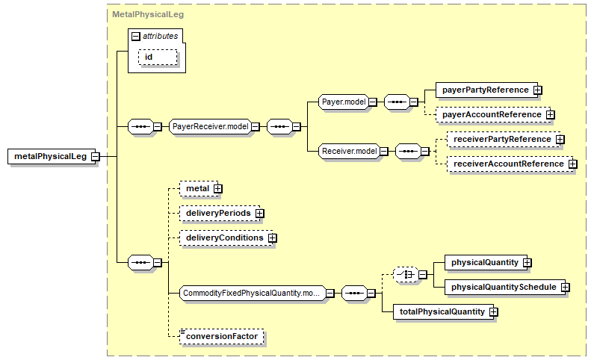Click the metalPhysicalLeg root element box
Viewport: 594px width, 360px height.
[x=50, y=157]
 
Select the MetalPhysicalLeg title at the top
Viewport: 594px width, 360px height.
[x=148, y=14]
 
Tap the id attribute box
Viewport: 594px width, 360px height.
[x=157, y=57]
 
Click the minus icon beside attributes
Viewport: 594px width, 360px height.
[x=135, y=36]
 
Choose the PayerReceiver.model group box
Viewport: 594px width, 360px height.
[x=210, y=126]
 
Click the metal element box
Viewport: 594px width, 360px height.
[x=197, y=188]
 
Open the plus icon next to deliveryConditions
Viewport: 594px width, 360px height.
[x=272, y=238]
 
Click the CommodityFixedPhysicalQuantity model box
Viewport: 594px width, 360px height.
[x=251, y=294]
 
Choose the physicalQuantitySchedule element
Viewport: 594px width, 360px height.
[x=502, y=287]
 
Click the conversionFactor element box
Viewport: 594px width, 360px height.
[x=223, y=336]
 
